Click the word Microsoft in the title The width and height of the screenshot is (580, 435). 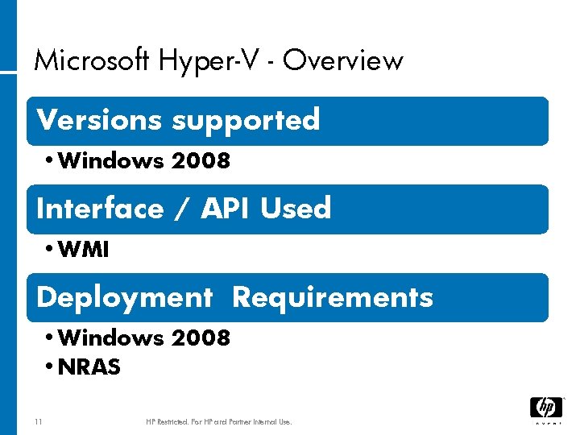pyautogui.click(x=91, y=60)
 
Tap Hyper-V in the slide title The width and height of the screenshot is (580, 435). pyautogui.click(x=213, y=60)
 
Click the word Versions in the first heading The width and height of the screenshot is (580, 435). pyautogui.click(x=100, y=119)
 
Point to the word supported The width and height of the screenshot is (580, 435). pyautogui.click(x=245, y=121)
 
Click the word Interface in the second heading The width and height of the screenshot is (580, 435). pyautogui.click(x=100, y=209)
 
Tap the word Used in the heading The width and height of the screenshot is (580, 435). pyautogui.click(x=296, y=209)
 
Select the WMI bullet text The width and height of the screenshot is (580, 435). pyautogui.click(x=84, y=250)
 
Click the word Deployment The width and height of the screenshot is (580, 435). pyautogui.click(x=124, y=298)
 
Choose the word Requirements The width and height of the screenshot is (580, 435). pyautogui.click(x=332, y=298)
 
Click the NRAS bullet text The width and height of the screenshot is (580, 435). pyautogui.click(x=89, y=367)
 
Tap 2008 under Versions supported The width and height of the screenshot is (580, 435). pyautogui.click(x=201, y=161)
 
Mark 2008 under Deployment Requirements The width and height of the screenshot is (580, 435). pyautogui.click(x=201, y=338)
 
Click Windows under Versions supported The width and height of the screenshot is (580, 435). pyautogui.click(x=111, y=161)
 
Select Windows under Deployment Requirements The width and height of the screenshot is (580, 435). pyautogui.click(x=111, y=338)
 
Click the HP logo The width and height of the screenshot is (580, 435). pyautogui.click(x=545, y=408)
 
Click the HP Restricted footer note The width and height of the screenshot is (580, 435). pyautogui.click(x=219, y=421)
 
